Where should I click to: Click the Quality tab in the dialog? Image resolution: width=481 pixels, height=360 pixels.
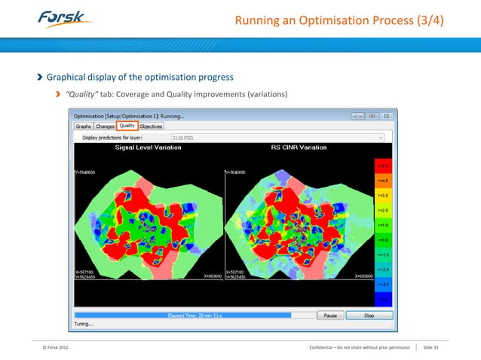click(x=127, y=127)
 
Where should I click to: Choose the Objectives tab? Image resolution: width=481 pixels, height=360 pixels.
click(x=151, y=127)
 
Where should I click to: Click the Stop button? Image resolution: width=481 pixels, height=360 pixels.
click(x=369, y=316)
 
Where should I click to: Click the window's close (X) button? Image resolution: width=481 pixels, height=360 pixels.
click(x=386, y=116)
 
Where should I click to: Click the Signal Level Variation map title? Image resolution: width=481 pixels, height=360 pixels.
click(x=148, y=148)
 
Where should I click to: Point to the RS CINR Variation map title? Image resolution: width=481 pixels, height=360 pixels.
click(x=299, y=148)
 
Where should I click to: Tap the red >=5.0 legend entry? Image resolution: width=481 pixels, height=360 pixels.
click(x=383, y=165)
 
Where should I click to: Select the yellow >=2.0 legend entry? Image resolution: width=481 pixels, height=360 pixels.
click(x=383, y=209)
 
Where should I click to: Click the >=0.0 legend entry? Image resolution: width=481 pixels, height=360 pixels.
click(x=383, y=239)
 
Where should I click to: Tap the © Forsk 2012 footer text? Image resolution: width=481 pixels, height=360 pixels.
click(x=59, y=346)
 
